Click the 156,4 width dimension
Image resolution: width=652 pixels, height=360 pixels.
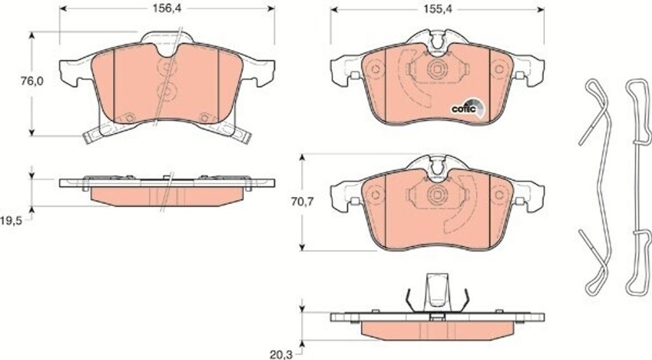click(167, 9)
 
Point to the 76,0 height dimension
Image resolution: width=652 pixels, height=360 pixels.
click(32, 81)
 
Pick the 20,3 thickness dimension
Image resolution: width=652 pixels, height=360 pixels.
click(281, 355)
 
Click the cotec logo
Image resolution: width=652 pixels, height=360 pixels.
click(468, 108)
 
